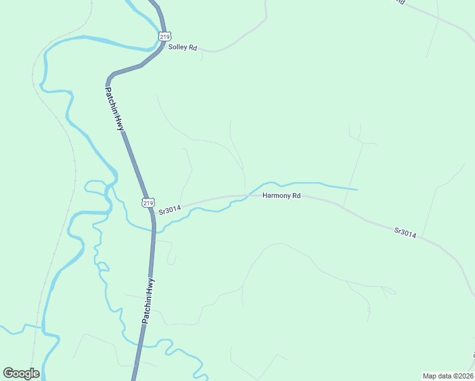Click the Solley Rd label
pos(183,48)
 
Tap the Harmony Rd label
pos(281,196)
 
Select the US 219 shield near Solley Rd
pos(164,37)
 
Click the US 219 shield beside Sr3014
pos(147,203)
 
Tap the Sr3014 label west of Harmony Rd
pos(170,208)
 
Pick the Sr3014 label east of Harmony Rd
pos(405,232)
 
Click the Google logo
pos(21,373)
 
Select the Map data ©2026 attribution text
pos(448,375)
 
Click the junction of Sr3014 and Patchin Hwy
pos(151,212)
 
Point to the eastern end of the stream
pos(357,189)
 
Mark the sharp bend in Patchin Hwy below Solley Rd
pos(110,77)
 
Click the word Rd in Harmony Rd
pos(296,196)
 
